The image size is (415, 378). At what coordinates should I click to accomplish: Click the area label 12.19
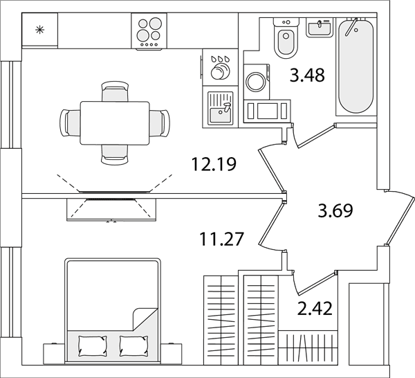[213, 164]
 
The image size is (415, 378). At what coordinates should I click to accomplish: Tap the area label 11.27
[221, 239]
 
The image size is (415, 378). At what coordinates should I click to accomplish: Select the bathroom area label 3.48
[307, 75]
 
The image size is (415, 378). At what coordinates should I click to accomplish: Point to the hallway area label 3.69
[335, 210]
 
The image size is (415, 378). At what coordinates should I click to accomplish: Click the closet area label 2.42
[315, 309]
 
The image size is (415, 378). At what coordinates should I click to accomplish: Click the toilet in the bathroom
[286, 38]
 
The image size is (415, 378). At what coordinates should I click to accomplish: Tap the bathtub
[356, 66]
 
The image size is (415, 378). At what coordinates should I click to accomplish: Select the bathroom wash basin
[319, 28]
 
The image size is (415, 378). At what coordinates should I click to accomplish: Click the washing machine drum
[256, 81]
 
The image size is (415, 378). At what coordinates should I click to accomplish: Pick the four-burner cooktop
[149, 31]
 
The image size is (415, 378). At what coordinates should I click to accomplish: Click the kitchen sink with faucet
[220, 108]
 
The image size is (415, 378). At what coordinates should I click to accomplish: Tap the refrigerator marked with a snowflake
[39, 30]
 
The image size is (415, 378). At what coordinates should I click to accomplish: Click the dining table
[115, 123]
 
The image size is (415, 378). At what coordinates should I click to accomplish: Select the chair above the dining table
[115, 91]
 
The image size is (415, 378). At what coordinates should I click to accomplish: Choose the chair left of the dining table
[70, 123]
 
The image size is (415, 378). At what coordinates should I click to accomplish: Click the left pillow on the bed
[93, 346]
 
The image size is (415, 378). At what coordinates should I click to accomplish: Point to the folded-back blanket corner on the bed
[145, 319]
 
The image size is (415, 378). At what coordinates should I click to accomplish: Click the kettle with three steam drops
[220, 68]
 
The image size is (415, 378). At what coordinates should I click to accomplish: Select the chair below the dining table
[115, 154]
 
